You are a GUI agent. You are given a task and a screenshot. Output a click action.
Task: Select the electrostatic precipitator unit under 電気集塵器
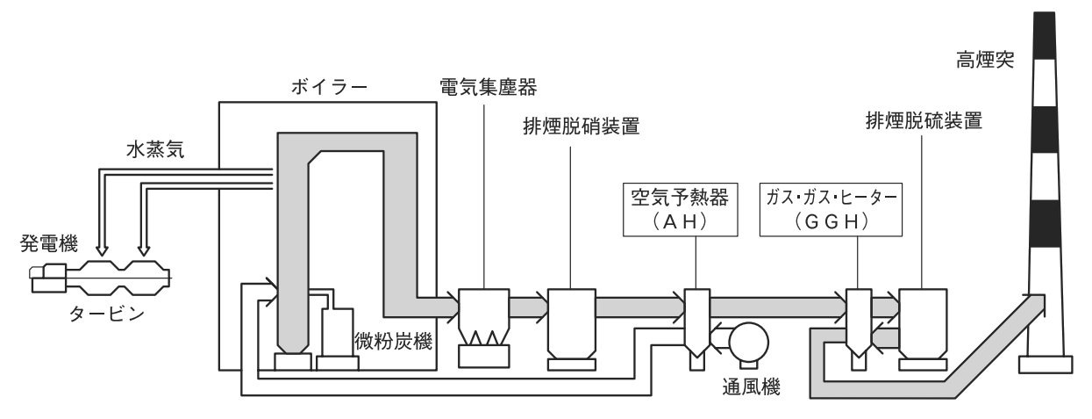[x=484, y=321]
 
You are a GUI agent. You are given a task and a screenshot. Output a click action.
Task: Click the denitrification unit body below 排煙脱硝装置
[x=572, y=321]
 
